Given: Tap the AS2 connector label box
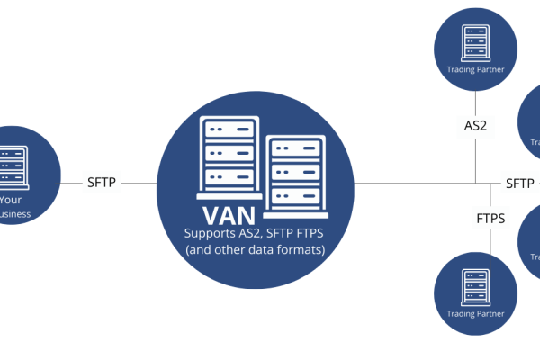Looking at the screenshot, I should (475, 126).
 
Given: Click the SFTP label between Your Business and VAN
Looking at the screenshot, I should (101, 182).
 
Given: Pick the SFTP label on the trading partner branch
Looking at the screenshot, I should (519, 183).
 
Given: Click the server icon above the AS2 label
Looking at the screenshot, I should (475, 39).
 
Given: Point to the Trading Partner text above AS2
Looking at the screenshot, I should (475, 68).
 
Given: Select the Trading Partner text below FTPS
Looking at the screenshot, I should (475, 314).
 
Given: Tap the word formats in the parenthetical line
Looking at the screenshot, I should (302, 249).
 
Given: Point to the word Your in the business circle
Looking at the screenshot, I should (12, 200).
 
